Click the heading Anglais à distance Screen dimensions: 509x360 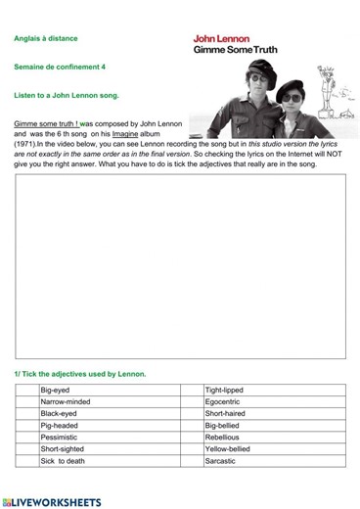click(x=46, y=39)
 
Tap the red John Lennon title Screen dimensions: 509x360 click(x=221, y=39)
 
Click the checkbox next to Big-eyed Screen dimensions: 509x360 click(x=26, y=391)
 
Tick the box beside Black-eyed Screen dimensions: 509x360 click(x=26, y=414)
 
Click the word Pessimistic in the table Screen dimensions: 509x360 click(x=61, y=438)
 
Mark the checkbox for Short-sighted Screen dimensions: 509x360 click(x=26, y=449)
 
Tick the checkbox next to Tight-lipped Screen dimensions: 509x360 click(x=192, y=391)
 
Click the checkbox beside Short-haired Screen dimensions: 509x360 click(x=192, y=414)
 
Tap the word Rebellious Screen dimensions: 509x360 click(x=222, y=438)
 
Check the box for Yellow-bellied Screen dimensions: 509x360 click(x=192, y=449)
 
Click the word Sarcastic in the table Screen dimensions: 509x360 click(x=221, y=461)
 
